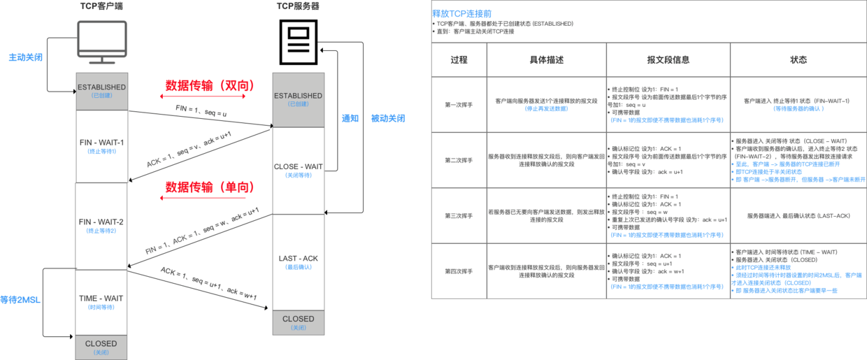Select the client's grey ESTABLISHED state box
(101, 91)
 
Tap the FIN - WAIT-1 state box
(101, 146)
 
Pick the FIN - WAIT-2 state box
(101, 226)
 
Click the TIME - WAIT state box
(101, 301)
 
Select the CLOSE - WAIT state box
(298, 170)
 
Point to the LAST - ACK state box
(298, 262)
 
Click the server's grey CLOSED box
(298, 322)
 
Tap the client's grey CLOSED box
(101, 347)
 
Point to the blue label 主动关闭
(26, 57)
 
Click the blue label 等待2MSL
(20, 300)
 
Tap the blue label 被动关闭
(388, 118)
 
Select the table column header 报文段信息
(668, 60)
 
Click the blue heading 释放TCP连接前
(461, 13)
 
